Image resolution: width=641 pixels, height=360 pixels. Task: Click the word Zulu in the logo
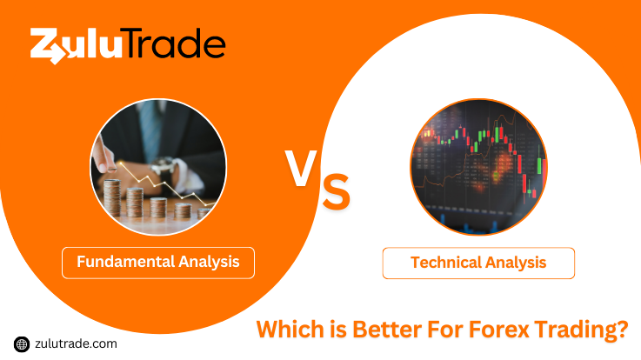coord(76,46)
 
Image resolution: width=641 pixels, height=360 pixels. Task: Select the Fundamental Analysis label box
coord(158,263)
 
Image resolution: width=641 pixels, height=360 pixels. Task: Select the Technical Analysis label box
coord(478,263)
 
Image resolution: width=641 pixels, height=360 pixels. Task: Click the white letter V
coord(301,168)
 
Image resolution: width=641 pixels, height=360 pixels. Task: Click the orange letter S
coord(336,191)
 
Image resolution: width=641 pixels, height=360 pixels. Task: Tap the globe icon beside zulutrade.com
coord(22,344)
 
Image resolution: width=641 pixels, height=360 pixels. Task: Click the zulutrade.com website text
coord(76,343)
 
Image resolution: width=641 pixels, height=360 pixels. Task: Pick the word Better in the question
coord(387,330)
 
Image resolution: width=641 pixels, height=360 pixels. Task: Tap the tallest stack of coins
coord(112,197)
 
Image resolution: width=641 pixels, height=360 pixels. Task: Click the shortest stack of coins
coord(204,213)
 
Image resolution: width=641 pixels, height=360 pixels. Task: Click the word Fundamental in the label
coord(125,262)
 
